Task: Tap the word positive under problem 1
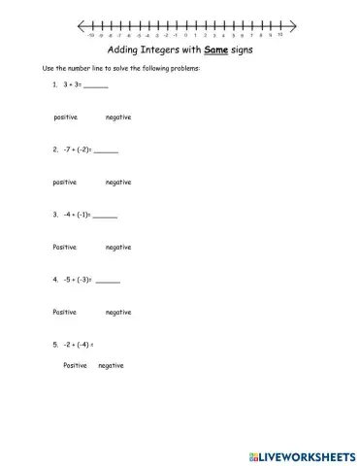click(x=66, y=116)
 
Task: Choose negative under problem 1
click(x=118, y=116)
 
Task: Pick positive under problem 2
click(x=66, y=182)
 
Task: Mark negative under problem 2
click(x=118, y=182)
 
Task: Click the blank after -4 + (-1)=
click(x=104, y=216)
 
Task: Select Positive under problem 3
click(x=66, y=247)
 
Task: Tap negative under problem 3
click(x=118, y=247)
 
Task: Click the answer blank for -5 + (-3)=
click(x=109, y=281)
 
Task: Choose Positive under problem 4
click(x=66, y=312)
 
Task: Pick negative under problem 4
click(x=118, y=312)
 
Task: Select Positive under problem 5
click(x=75, y=365)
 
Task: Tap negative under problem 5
click(x=111, y=365)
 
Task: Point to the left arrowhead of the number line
click(x=76, y=23)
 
